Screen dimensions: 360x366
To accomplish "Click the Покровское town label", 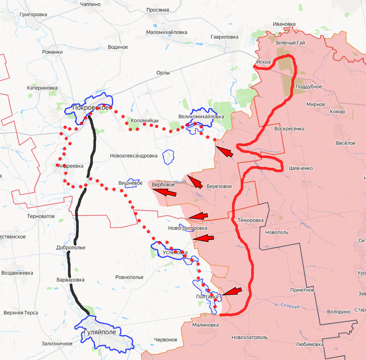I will click(90, 108).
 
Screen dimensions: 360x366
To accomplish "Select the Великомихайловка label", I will click(201, 116).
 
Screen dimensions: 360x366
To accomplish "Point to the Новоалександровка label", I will click(134, 156).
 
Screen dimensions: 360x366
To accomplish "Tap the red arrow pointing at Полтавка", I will click(232, 291).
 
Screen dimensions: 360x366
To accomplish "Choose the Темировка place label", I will click(250, 220).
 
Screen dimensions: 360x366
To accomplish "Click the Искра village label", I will click(263, 62).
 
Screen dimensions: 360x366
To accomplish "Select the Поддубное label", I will click(309, 87).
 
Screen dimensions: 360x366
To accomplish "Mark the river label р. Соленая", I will click(286, 305).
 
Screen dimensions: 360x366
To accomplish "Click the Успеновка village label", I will click(175, 252).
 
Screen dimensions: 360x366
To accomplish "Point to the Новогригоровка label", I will click(188, 228).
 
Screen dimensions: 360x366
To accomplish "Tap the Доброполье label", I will click(71, 248).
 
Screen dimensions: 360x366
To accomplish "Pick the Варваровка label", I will click(70, 280).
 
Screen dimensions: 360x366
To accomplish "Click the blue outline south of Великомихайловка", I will click(168, 157).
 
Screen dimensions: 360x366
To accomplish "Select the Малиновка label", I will click(205, 325).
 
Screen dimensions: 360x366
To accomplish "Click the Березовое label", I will click(219, 186).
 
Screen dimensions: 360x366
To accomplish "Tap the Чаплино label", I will click(90, 4).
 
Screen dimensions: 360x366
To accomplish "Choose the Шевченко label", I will click(301, 168).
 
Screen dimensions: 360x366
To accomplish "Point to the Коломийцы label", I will click(145, 120).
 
